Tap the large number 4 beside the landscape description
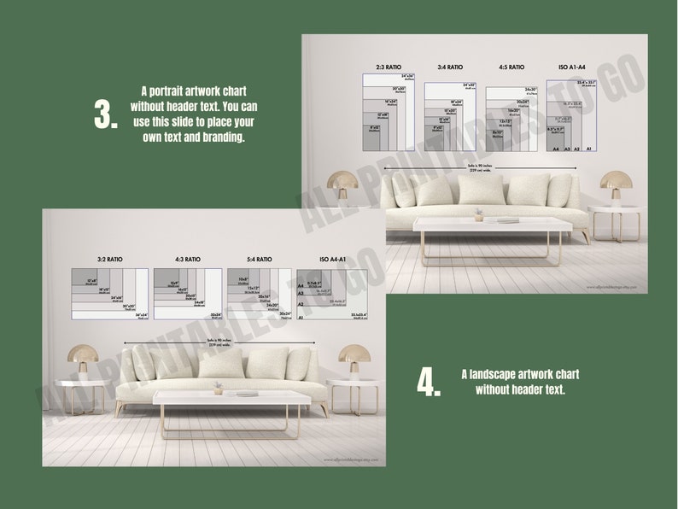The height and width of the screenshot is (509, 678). tap(428, 383)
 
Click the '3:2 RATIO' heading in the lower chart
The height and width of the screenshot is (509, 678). tap(111, 259)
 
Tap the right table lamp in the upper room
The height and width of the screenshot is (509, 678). tap(614, 187)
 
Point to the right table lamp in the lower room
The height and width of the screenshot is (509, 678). tap(353, 360)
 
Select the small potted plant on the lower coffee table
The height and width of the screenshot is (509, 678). tap(219, 388)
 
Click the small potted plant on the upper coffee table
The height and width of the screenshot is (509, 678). tap(480, 214)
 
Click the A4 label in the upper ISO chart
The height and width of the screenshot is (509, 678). tap(555, 149)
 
